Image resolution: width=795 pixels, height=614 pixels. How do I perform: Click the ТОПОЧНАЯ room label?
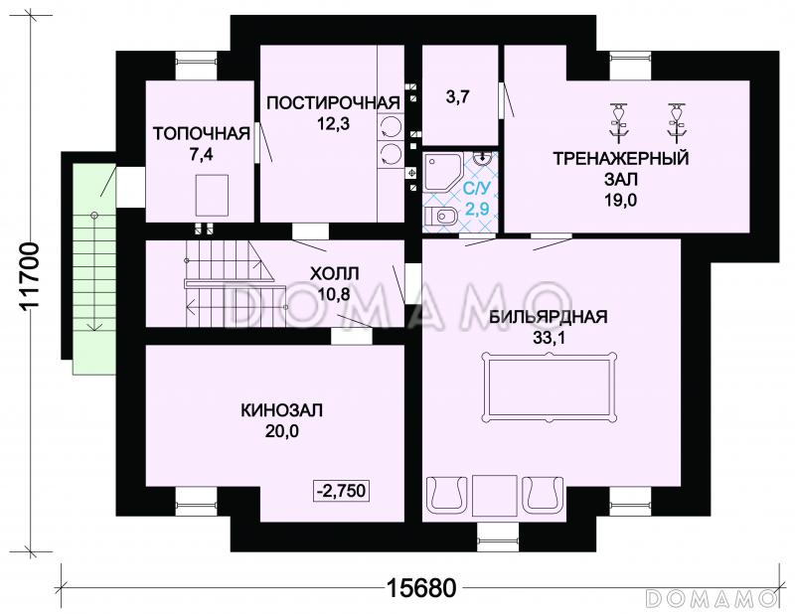point(202,134)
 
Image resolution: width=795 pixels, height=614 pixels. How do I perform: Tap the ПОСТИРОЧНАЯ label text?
point(333,103)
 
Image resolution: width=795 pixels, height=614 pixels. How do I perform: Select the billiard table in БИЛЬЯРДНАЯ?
point(550,387)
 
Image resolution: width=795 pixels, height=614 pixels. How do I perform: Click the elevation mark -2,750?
point(342,491)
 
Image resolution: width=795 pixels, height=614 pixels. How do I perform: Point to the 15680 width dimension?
point(421,588)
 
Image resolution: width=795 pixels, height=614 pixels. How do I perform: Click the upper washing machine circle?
point(390,127)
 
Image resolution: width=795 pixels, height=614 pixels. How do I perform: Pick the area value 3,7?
point(457,96)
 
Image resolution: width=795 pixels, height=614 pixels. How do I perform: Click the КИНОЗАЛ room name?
point(281,410)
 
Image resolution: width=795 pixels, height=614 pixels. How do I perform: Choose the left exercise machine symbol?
point(618,121)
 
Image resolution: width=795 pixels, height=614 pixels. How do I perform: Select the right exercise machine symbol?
point(676,121)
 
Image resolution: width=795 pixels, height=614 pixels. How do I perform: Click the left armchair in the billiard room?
point(446,494)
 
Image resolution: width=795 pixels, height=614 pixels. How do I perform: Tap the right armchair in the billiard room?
point(543,494)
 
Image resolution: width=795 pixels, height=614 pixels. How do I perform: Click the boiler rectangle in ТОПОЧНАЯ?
point(212,194)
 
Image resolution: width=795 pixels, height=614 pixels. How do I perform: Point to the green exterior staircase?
point(93,268)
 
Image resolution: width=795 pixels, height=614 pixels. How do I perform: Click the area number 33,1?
point(549,337)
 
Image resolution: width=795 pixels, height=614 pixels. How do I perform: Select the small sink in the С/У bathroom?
point(482,158)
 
